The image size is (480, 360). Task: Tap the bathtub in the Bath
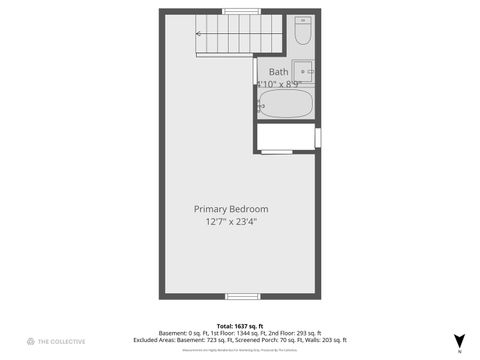pos(286,104)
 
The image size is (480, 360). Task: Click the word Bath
pos(278,72)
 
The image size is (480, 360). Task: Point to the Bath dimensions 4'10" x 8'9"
pos(281,85)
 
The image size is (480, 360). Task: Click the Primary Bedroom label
pos(231,209)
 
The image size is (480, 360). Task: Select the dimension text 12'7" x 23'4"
pos(231,222)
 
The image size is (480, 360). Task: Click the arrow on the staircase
pos(199,34)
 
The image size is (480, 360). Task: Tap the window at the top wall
pos(239,11)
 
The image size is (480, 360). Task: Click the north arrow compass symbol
pos(459,341)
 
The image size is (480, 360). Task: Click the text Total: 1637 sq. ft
pos(239,325)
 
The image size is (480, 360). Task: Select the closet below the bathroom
pos(286,137)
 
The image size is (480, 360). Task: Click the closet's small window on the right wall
pos(318,137)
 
